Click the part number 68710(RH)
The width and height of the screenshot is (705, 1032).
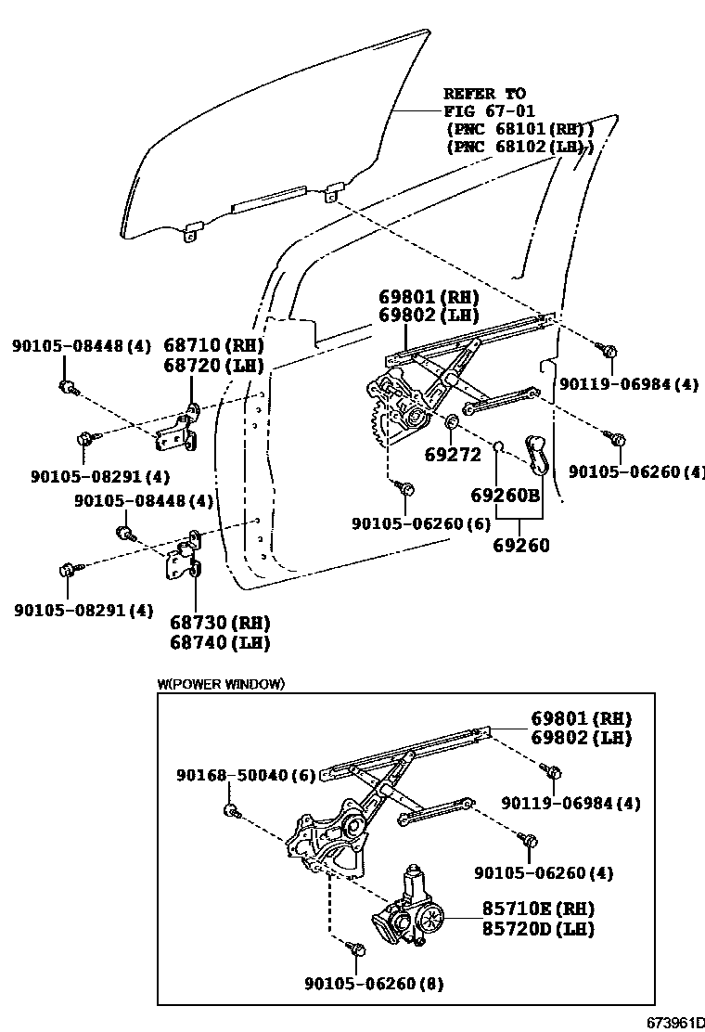coord(214,345)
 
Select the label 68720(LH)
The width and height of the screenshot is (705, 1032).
coord(214,365)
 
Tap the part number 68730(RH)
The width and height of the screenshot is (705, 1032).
coord(220,622)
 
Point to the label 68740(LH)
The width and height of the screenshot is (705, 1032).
coord(220,641)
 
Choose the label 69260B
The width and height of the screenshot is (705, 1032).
coord(506,496)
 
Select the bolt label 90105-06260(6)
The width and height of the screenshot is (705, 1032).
coord(420,523)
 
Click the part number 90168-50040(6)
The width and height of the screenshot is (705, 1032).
coord(246,774)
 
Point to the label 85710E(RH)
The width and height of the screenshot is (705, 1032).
coord(537,909)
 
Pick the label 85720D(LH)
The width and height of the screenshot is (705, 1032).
coord(537,928)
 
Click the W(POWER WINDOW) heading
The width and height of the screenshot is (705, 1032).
coord(221,684)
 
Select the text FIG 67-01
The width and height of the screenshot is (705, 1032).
coord(483,111)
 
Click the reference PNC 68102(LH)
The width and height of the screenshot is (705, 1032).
coord(519,147)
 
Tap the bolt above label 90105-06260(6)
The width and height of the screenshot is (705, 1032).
coord(406,486)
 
